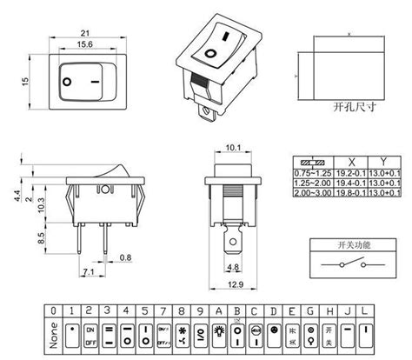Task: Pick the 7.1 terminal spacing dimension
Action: [87, 273]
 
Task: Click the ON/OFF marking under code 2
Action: [90, 335]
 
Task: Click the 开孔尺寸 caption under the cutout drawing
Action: [352, 109]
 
